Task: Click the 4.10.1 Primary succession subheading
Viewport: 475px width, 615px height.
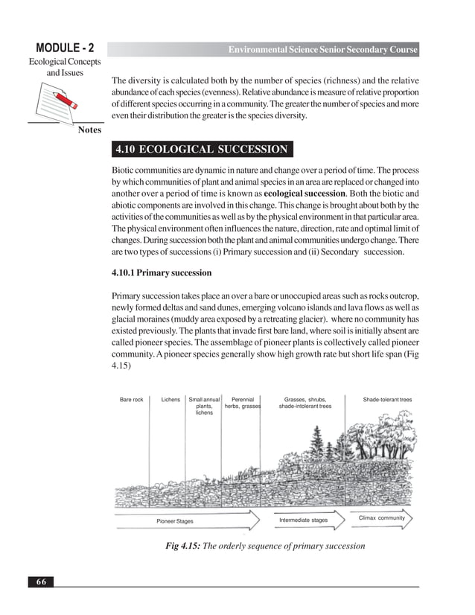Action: tap(161, 273)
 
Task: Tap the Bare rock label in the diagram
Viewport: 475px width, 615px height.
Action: tap(131, 400)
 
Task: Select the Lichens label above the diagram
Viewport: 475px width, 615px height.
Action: tap(170, 400)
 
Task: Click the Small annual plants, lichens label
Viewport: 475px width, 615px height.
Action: tap(204, 406)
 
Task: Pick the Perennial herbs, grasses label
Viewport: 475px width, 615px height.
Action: tap(243, 403)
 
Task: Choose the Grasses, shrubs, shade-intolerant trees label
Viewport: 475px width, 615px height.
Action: tap(305, 403)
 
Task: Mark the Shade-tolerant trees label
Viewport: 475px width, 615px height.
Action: tap(387, 400)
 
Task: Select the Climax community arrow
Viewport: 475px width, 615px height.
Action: tap(381, 517)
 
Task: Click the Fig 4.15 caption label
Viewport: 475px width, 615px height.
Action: tap(179, 546)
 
